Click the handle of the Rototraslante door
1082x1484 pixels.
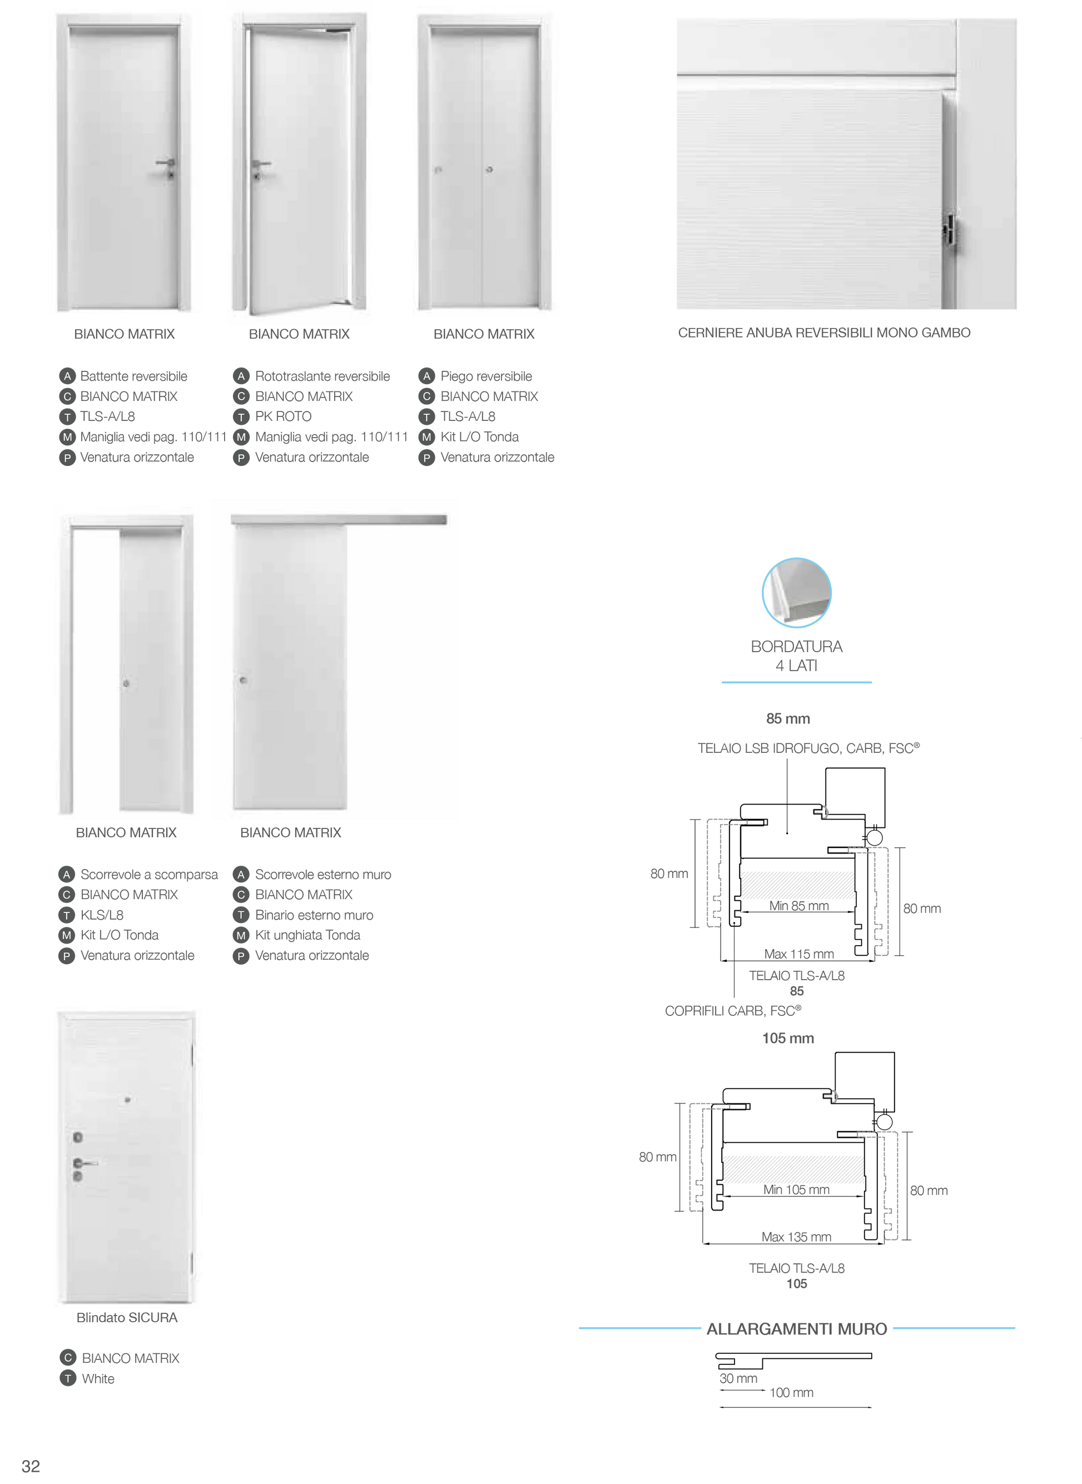pyautogui.click(x=261, y=163)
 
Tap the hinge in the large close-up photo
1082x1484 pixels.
pyautogui.click(x=950, y=231)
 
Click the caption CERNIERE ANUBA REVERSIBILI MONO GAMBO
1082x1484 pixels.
pyautogui.click(x=823, y=332)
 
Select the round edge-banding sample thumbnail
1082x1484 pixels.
pyautogui.click(x=796, y=592)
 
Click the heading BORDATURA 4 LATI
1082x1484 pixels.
pyautogui.click(x=796, y=656)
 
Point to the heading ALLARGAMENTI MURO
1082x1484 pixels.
pyautogui.click(x=796, y=1329)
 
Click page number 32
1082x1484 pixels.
pyautogui.click(x=31, y=1466)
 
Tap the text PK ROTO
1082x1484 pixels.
pyautogui.click(x=283, y=416)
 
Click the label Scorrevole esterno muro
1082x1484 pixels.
pyautogui.click(x=323, y=874)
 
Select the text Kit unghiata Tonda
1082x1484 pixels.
pyautogui.click(x=308, y=935)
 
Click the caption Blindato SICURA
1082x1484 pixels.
pyautogui.click(x=127, y=1318)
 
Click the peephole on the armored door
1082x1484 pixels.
pyautogui.click(x=128, y=1100)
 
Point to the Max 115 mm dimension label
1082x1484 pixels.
pyautogui.click(x=798, y=953)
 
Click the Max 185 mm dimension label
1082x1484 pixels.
pyautogui.click(x=796, y=1237)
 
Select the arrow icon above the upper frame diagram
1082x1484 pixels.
pyautogui.click(x=820, y=812)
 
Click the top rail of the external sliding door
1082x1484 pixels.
pyautogui.click(x=339, y=519)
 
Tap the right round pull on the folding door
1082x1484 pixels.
pyautogui.click(x=489, y=170)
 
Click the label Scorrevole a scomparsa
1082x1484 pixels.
pyautogui.click(x=148, y=874)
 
